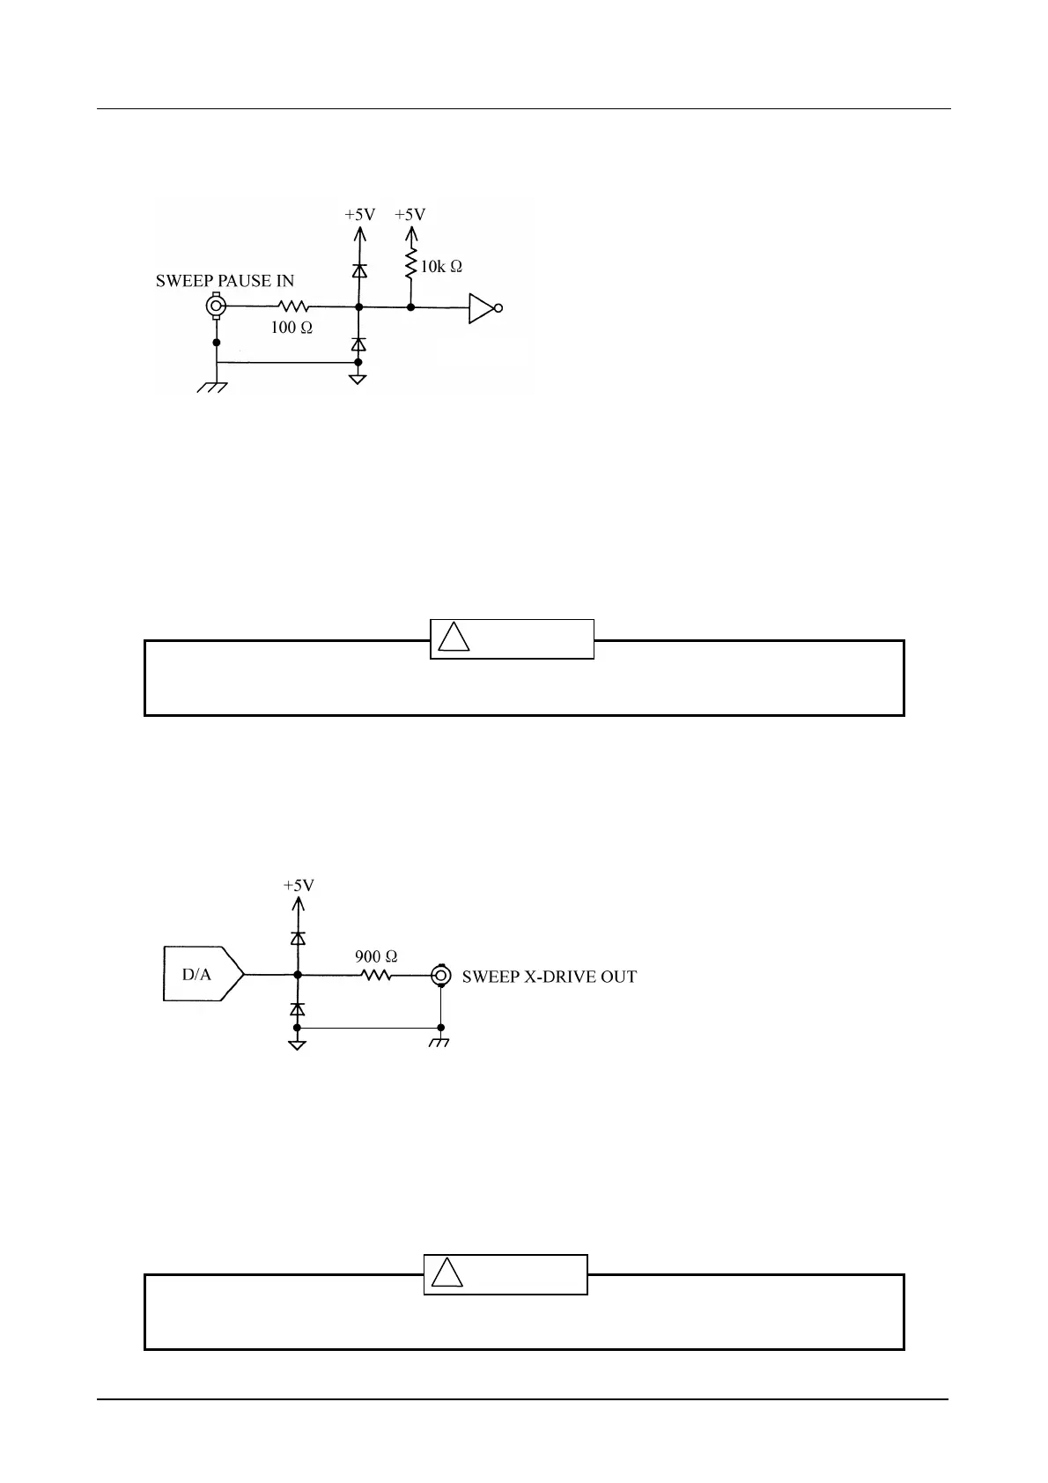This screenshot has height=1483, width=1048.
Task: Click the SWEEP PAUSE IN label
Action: [225, 282]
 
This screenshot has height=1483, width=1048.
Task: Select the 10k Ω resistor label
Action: [441, 266]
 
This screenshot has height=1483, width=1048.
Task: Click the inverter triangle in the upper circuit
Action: [481, 308]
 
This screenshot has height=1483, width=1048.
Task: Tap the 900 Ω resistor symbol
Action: [376, 975]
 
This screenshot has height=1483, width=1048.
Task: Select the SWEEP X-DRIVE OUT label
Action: [549, 977]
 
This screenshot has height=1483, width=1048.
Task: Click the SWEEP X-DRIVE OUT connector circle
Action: [441, 975]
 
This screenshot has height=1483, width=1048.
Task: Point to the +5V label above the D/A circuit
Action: [299, 886]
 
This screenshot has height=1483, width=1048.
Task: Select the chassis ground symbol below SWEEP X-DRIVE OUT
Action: [440, 1043]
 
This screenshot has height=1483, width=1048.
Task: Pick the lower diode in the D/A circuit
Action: [299, 1008]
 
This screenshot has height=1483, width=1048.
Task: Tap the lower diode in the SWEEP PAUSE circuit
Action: [358, 343]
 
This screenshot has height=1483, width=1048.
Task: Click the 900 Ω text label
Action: [376, 955]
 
